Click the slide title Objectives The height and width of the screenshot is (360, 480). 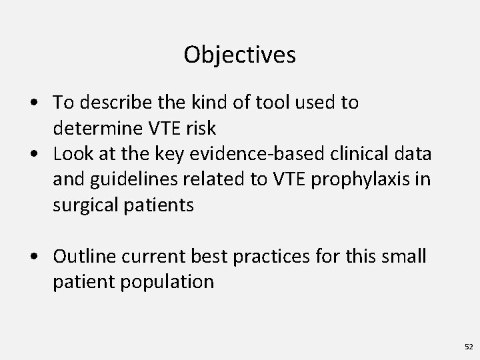(x=239, y=55)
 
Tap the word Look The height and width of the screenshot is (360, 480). (x=74, y=154)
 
